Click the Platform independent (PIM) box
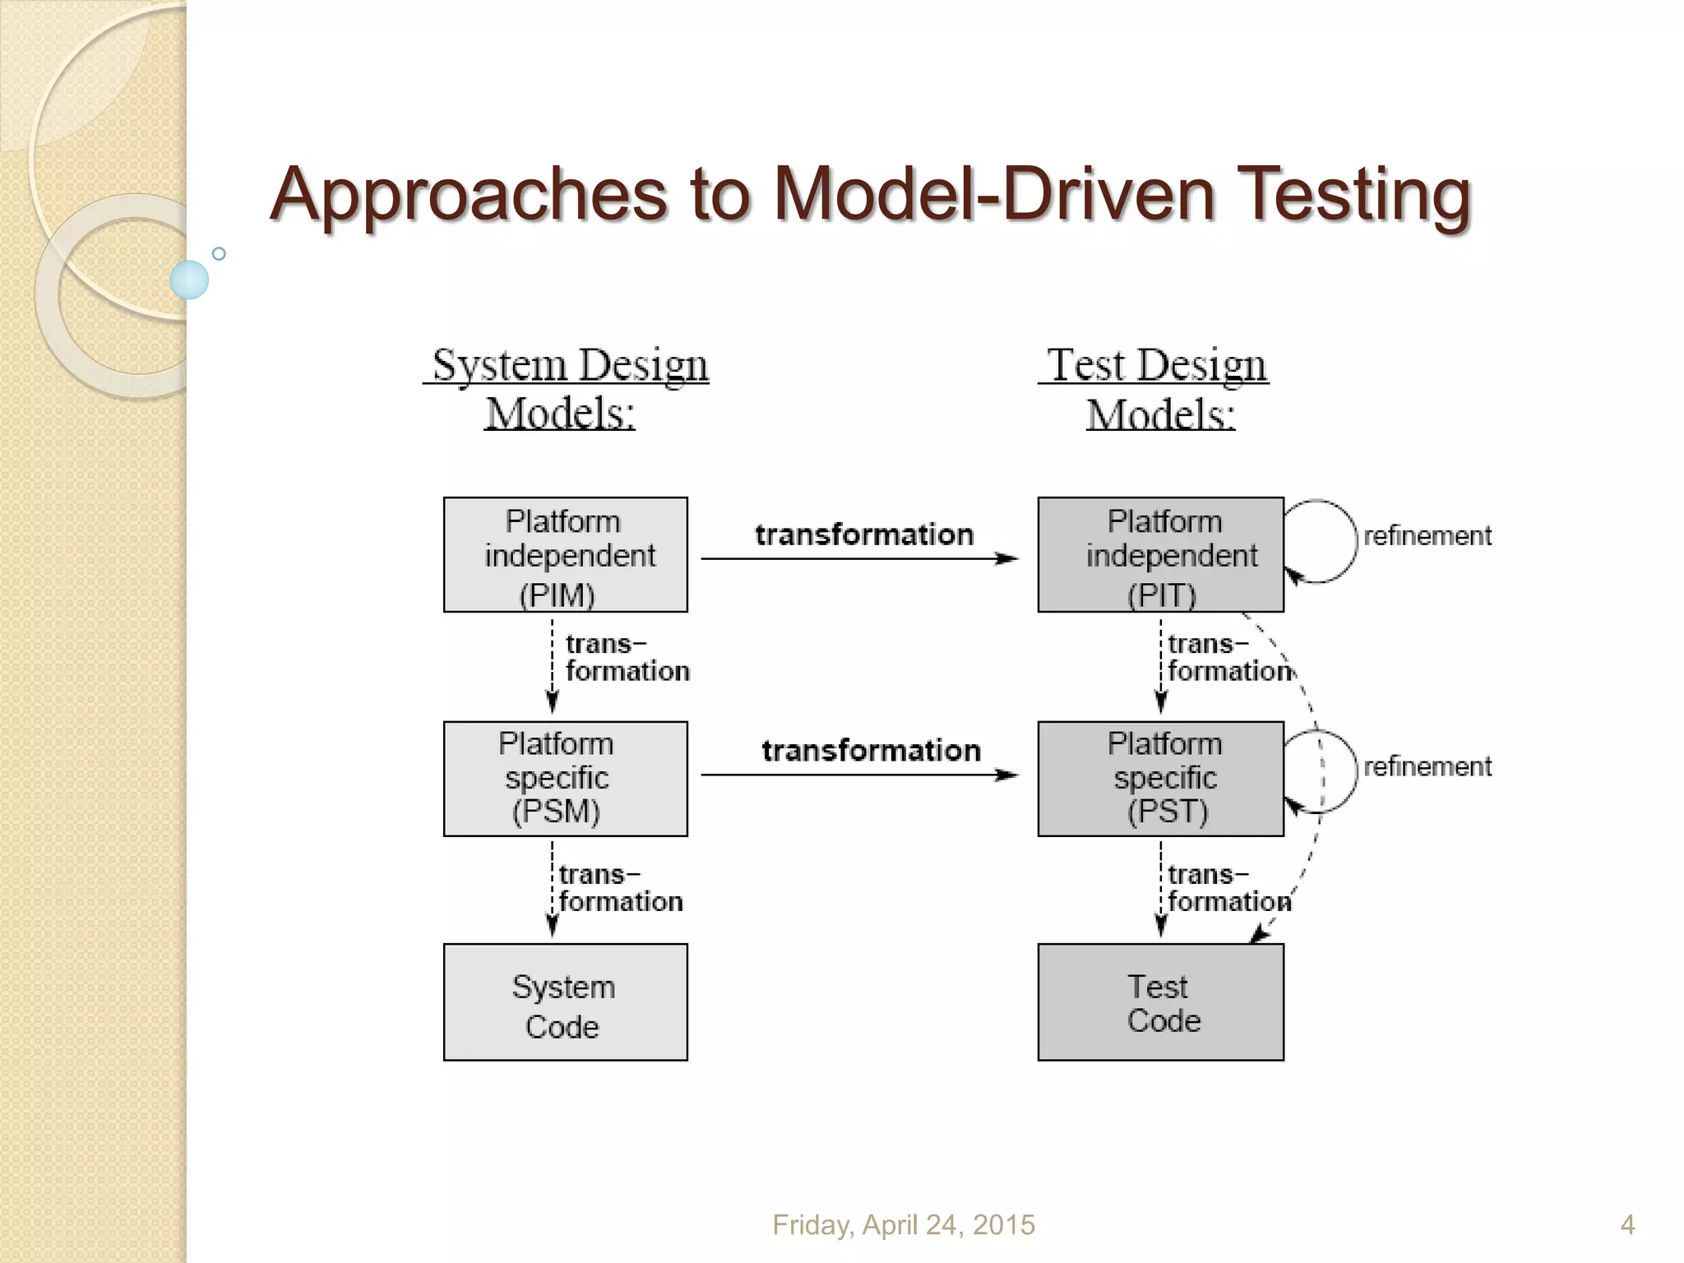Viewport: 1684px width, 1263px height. [x=566, y=555]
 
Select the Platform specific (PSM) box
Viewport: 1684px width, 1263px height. [x=566, y=779]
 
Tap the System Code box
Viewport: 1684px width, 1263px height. [x=566, y=1002]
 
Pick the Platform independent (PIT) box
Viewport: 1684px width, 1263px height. [x=1160, y=555]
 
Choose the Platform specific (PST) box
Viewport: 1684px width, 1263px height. [x=1160, y=779]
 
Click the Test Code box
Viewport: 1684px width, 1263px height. [x=1160, y=1002]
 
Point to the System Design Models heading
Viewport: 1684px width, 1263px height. [x=567, y=388]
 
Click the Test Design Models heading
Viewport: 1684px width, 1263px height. [x=1157, y=388]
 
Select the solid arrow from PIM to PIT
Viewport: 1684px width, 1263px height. [x=859, y=559]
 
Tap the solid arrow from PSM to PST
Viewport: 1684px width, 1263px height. [x=859, y=775]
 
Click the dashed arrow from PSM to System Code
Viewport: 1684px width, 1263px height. [x=553, y=888]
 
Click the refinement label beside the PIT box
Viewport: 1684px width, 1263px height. [x=1427, y=536]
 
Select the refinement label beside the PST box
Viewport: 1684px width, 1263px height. [x=1427, y=766]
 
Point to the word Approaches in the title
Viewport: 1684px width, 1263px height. [x=469, y=194]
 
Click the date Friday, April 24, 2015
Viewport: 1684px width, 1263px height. [x=904, y=1225]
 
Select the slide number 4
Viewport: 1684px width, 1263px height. [x=1627, y=1225]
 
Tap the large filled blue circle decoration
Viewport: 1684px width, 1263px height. [x=189, y=280]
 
